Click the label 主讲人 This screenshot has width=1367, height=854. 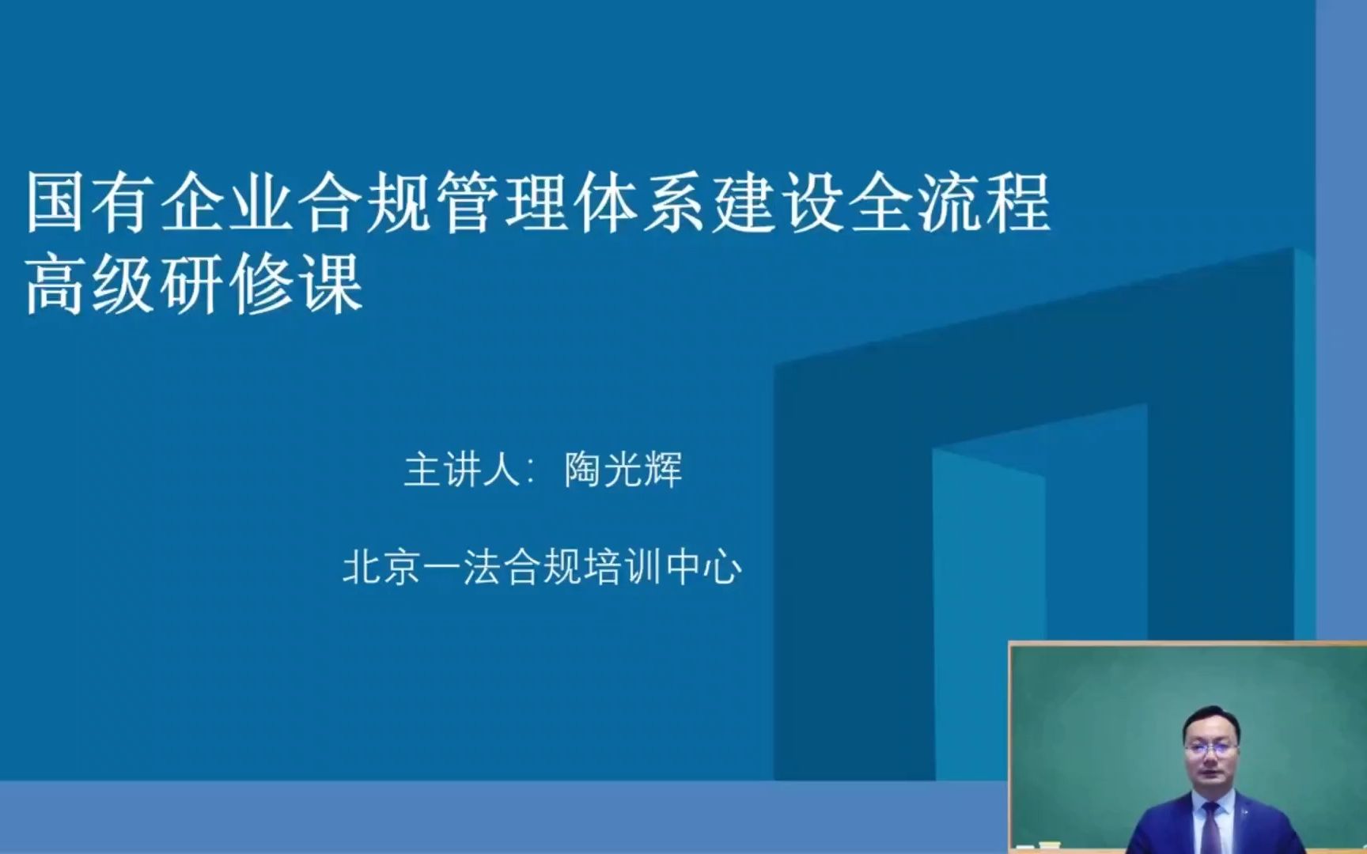pos(462,470)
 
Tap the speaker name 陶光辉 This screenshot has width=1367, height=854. pos(623,470)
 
